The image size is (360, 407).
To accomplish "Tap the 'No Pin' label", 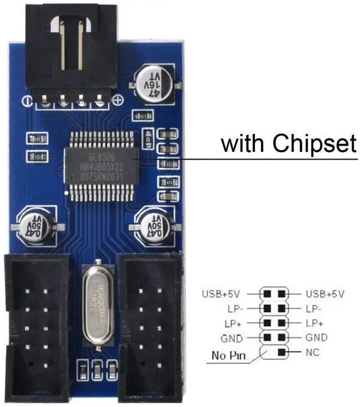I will tap(228, 355).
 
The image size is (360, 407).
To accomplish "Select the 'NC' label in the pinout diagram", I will tap(312, 352).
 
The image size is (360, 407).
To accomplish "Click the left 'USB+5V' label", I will tap(221, 294).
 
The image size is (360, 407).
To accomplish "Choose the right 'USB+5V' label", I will tap(325, 294).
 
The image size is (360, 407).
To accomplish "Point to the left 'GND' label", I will tap(232, 338).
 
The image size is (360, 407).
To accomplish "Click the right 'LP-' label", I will tap(314, 309).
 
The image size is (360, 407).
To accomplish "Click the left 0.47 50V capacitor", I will tap(37, 225).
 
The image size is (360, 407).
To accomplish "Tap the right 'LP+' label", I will tap(314, 323).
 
